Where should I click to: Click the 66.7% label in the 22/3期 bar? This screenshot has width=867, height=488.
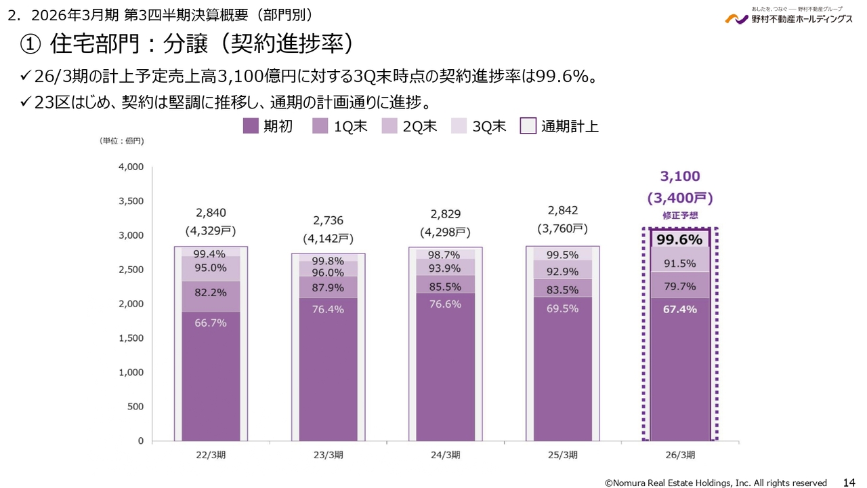point(210,323)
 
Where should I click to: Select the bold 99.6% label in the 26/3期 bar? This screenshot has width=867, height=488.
point(679,239)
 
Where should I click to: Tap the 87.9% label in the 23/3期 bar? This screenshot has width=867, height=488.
point(328,287)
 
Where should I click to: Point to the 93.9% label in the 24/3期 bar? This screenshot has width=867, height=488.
point(445,268)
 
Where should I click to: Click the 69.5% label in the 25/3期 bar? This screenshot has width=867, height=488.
point(562,308)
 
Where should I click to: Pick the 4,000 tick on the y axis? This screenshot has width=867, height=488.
point(131,167)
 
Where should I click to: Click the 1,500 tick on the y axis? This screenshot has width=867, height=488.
point(131,338)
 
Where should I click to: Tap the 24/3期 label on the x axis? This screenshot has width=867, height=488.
point(445,455)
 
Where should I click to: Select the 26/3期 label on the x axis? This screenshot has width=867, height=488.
point(680,455)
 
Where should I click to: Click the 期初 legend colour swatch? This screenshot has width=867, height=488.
point(251,126)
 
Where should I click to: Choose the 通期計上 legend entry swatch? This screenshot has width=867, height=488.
point(528,126)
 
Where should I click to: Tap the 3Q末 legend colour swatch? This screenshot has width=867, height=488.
point(459,126)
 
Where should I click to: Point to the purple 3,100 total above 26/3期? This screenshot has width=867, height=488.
point(679,177)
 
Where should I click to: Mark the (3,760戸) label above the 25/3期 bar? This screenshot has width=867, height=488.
point(562,228)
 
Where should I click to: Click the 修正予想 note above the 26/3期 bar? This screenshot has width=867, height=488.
point(679,215)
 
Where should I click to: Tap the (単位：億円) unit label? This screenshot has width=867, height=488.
point(122,141)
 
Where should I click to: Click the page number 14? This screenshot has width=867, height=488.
point(849,483)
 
